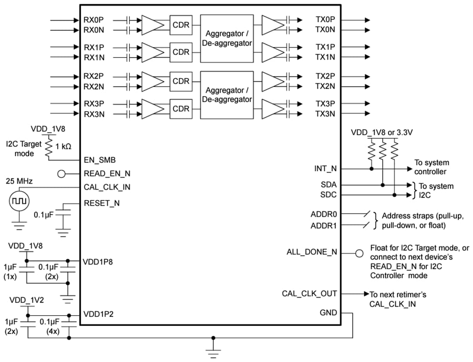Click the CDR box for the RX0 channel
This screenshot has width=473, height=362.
tap(181, 25)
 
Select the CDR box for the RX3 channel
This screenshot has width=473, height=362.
tap(181, 109)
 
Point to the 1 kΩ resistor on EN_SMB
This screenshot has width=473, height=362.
tap(49, 146)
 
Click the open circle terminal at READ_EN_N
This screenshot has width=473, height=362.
tap(62, 174)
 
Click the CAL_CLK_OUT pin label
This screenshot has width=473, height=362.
tap(309, 294)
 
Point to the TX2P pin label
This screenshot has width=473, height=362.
tap(325, 76)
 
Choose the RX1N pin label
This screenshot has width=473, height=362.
tap(94, 57)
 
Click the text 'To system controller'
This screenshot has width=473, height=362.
tap(431, 167)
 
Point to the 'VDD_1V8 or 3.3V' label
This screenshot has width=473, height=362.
tap(382, 133)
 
